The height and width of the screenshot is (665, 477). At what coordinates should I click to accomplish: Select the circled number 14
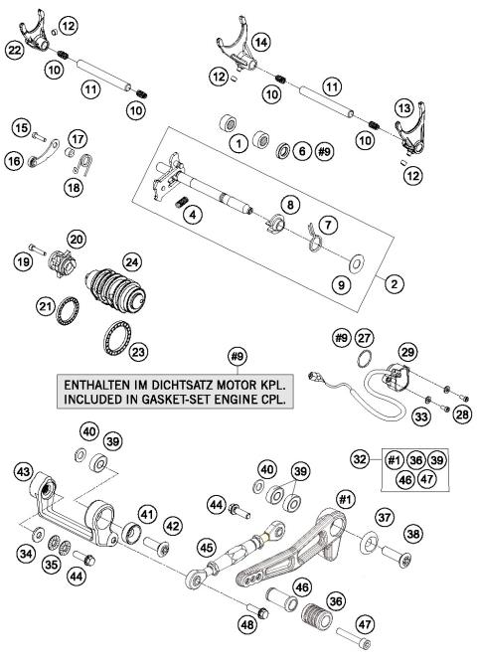[x=260, y=42]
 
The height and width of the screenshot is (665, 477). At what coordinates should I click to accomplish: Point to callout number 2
[x=395, y=283]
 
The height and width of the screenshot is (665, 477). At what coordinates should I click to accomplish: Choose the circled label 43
[x=23, y=471]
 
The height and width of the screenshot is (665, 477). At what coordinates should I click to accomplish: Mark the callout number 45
[x=208, y=546]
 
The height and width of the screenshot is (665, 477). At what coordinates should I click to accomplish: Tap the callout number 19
[x=23, y=262]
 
